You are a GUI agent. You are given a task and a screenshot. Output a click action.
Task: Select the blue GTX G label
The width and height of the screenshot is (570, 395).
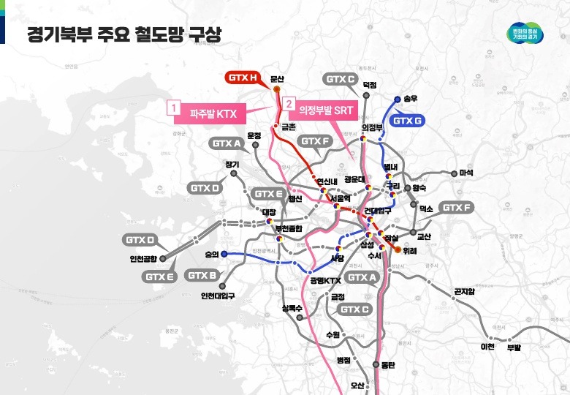pyautogui.click(x=408, y=120)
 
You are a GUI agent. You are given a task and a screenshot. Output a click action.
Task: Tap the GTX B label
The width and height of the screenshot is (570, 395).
pyautogui.click(x=202, y=275)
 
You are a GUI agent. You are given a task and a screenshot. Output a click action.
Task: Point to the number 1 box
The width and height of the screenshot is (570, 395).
pyautogui.click(x=173, y=107)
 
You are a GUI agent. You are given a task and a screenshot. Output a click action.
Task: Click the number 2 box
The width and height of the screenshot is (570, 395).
pyautogui.click(x=289, y=105)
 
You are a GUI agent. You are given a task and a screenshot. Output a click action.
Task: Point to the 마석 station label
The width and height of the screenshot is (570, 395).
pyautogui.click(x=466, y=173)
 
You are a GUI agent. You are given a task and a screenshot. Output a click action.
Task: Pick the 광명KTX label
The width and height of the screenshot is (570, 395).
pyautogui.click(x=326, y=280)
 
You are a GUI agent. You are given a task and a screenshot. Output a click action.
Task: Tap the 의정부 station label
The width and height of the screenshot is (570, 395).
pyautogui.click(x=373, y=127)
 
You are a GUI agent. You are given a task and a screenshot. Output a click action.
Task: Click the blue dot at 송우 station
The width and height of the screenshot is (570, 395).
pyautogui.click(x=397, y=98)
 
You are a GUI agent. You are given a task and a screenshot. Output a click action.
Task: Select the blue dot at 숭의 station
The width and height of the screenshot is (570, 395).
pyautogui.click(x=224, y=255)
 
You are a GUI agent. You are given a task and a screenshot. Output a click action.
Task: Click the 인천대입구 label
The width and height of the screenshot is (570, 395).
pyautogui.click(x=218, y=296)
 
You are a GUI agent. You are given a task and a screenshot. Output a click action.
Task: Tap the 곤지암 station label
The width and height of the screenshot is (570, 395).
pyautogui.click(x=464, y=292)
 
